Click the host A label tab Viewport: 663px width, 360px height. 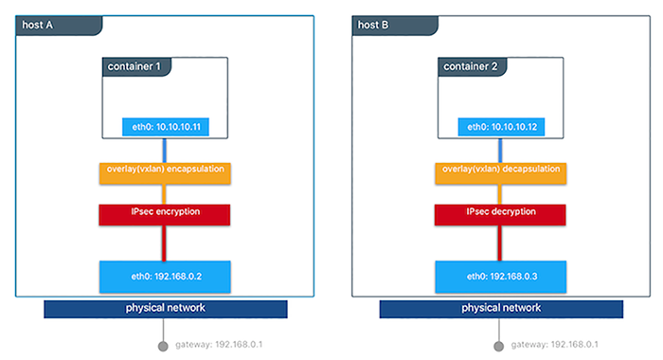click(41, 24)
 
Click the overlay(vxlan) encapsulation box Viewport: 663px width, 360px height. click(166, 172)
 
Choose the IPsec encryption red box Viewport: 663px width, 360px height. click(166, 213)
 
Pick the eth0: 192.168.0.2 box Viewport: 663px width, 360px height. click(166, 276)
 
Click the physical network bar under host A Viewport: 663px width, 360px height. click(166, 309)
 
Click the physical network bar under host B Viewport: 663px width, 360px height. click(501, 309)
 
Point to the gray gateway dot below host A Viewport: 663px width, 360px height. click(164, 345)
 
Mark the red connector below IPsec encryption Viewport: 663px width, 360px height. click(166, 243)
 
